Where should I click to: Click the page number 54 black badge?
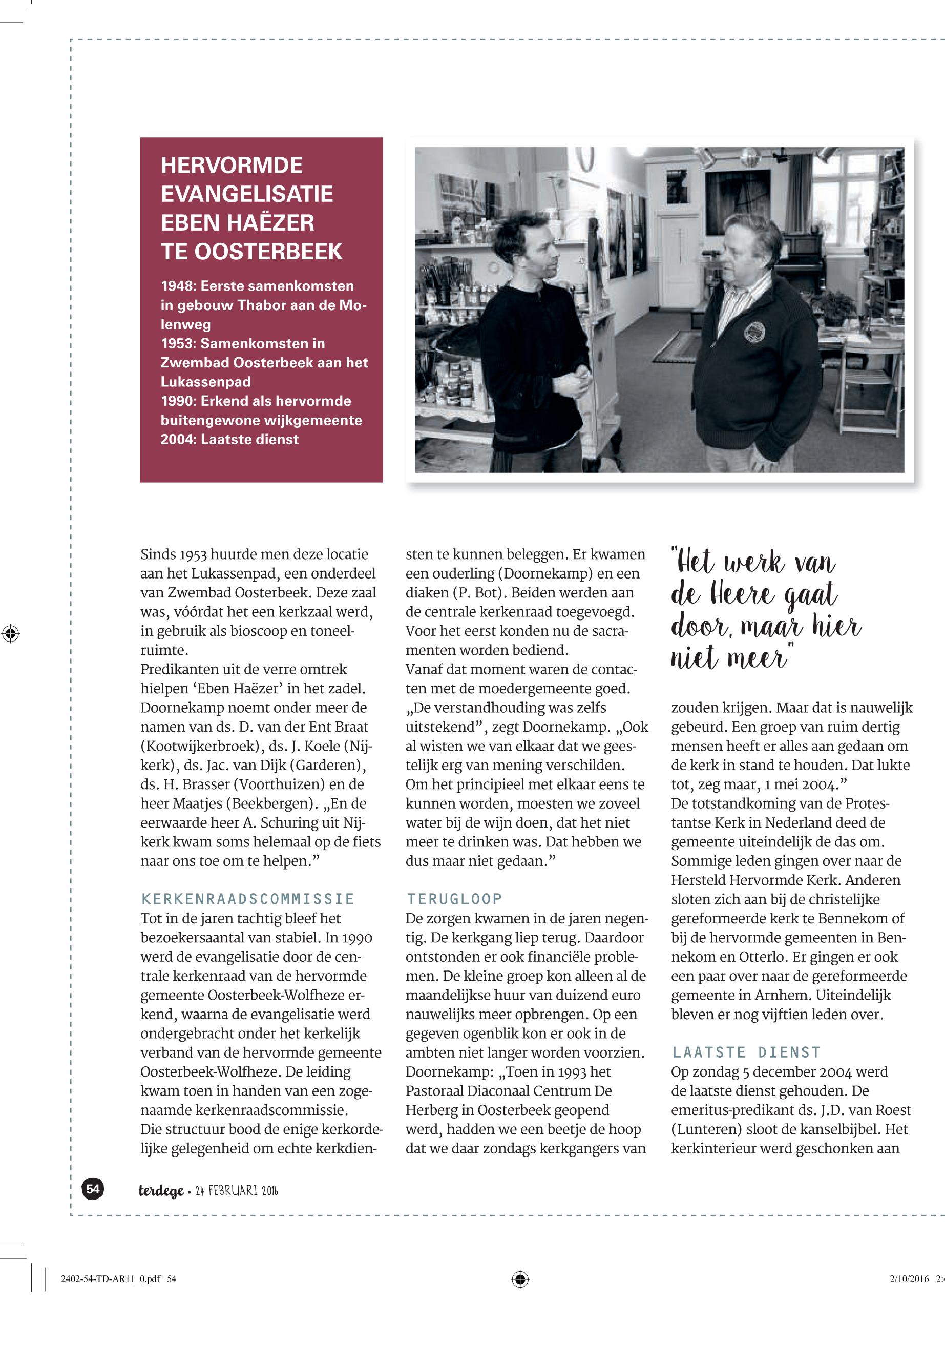pos(93,1189)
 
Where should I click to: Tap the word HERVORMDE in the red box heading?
pos(232,166)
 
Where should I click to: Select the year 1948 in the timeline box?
pos(178,286)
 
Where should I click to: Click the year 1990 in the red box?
pos(178,401)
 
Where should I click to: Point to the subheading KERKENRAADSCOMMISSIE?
pos(247,899)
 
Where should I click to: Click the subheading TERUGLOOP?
pos(454,899)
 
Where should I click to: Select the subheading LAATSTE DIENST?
pos(746,1052)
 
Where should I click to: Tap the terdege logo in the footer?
pos(160,1191)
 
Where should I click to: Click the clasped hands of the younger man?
pos(573,380)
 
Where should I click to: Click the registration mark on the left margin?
pos(11,633)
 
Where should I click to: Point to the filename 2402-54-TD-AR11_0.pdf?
pos(111,1279)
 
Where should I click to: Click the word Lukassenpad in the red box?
pos(205,382)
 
